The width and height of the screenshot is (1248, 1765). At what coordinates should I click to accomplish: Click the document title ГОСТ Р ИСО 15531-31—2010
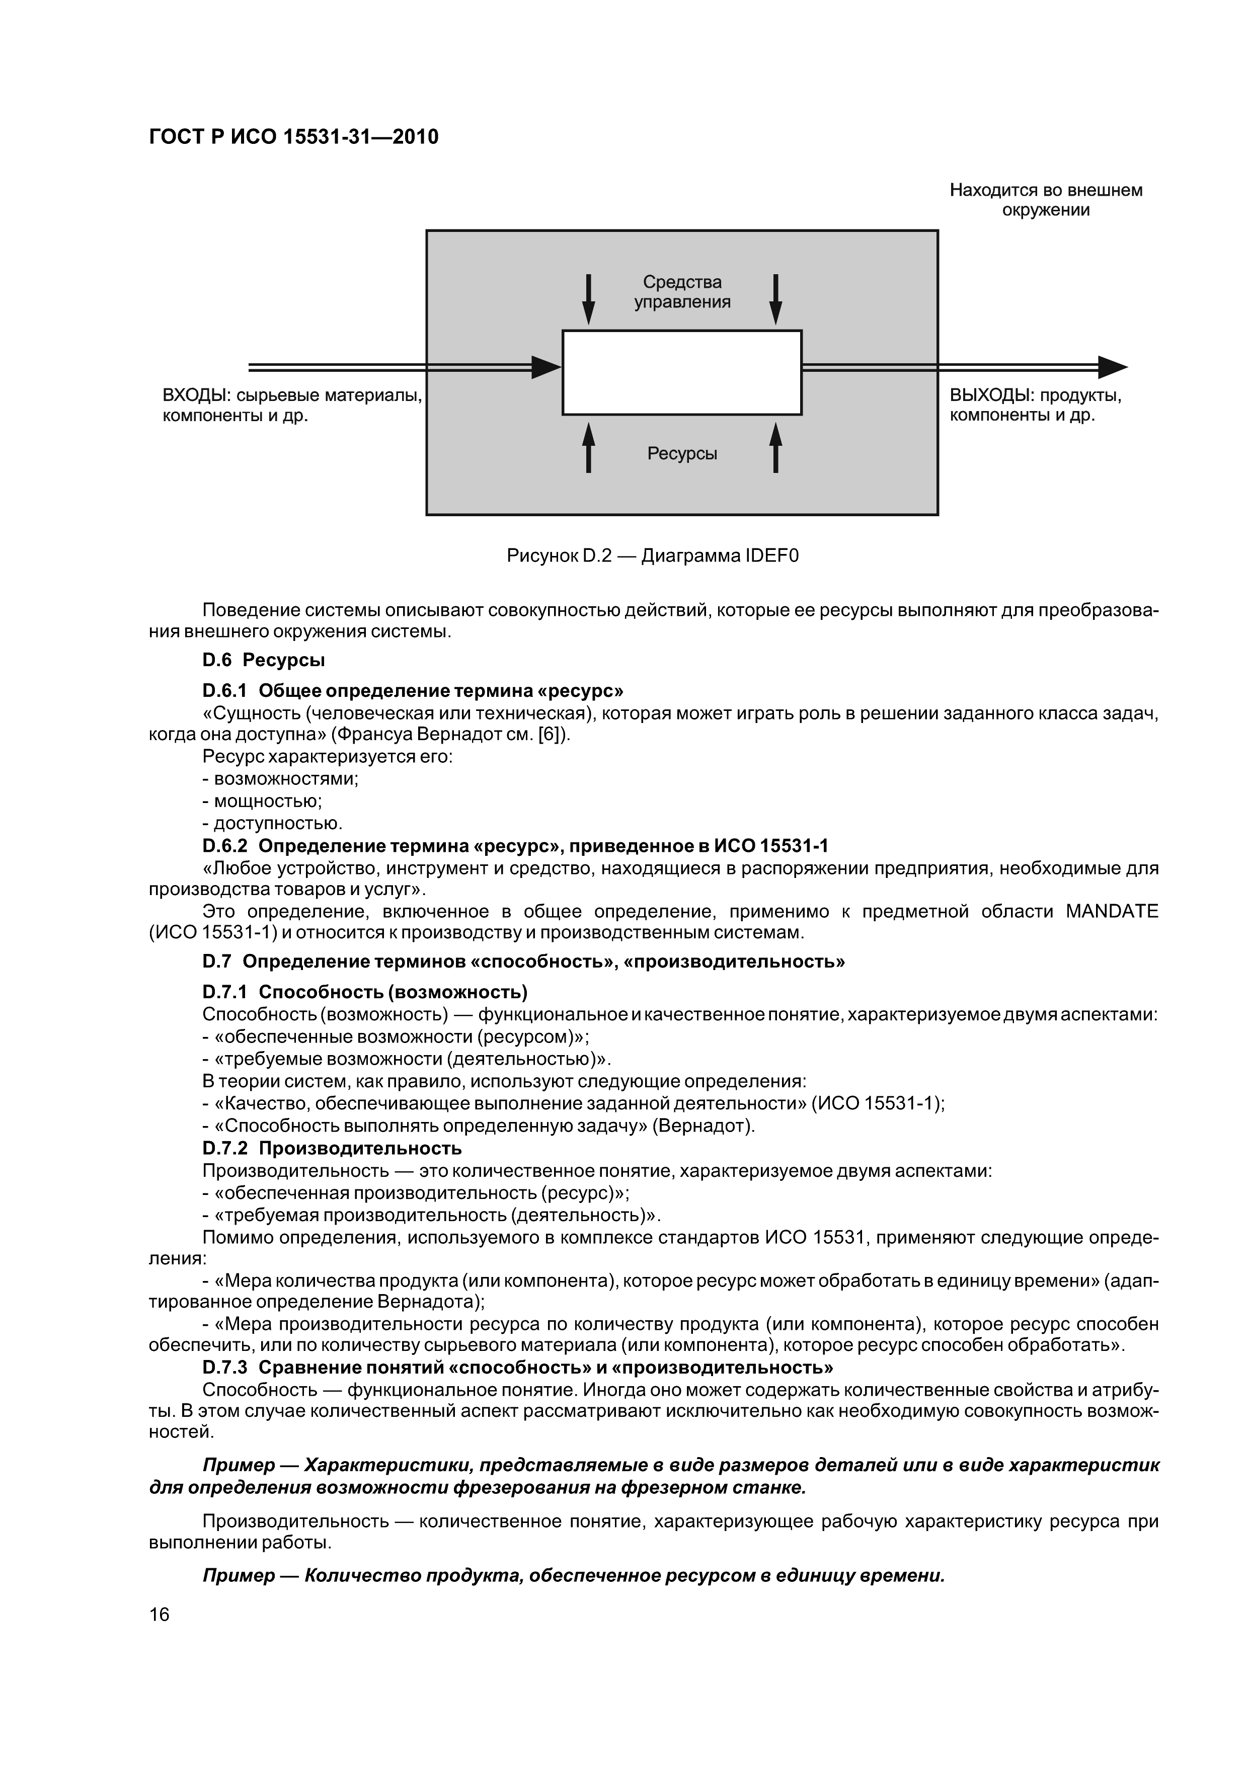pyautogui.click(x=293, y=137)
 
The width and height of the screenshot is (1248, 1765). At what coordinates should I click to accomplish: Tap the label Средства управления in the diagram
pyautogui.click(x=682, y=292)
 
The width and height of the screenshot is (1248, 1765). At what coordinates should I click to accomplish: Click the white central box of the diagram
pyautogui.click(x=682, y=372)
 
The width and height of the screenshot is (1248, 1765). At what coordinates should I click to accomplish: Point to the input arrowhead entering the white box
pyautogui.click(x=547, y=367)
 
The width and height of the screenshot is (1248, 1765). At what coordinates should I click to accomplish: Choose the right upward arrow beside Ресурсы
pyautogui.click(x=776, y=447)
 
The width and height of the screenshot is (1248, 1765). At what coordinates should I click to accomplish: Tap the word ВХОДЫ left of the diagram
pyautogui.click(x=196, y=396)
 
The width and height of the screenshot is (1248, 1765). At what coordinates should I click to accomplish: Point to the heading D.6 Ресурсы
pyautogui.click(x=263, y=660)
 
